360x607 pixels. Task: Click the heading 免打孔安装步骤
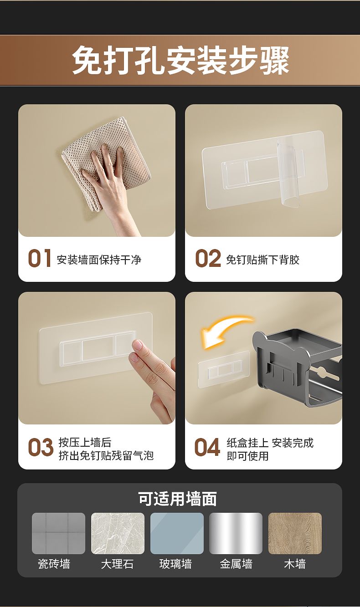click(180, 60)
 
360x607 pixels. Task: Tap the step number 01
click(40, 258)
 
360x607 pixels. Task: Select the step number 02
click(208, 258)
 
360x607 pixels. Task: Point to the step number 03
click(41, 447)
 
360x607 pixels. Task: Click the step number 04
click(207, 447)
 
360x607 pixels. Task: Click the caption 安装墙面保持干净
click(99, 260)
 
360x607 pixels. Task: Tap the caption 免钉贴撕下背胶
click(262, 260)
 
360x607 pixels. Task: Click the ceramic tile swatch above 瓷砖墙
click(58, 533)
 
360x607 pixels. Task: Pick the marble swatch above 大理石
click(118, 533)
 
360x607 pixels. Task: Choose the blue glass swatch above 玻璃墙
click(177, 533)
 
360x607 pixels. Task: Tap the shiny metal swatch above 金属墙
click(236, 533)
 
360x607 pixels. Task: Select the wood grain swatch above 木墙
click(295, 533)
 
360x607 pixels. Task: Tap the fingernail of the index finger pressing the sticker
click(138, 345)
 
